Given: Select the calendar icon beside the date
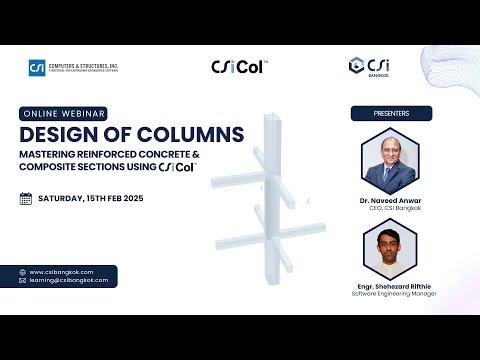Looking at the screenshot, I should (26, 198).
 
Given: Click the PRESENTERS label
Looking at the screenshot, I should (391, 113).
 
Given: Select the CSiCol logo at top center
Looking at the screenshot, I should (239, 67).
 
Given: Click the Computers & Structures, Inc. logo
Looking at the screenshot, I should (75, 68).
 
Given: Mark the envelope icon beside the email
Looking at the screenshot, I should (23, 281).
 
